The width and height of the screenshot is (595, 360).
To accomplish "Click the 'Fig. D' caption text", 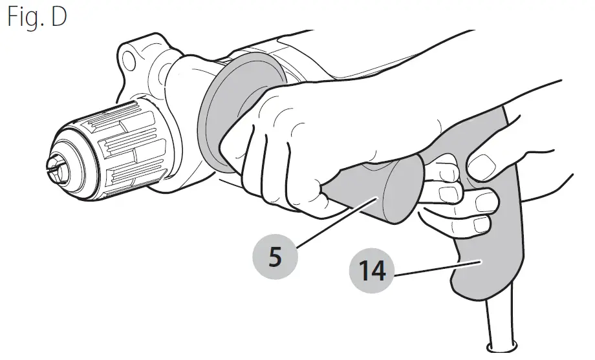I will pyautogui.click(x=38, y=17).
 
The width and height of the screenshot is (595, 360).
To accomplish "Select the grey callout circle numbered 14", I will pyautogui.click(x=373, y=272).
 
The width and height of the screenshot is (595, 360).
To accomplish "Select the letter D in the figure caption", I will pyautogui.click(x=59, y=17).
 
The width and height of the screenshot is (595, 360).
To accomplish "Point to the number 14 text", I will pyautogui.click(x=373, y=272).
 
